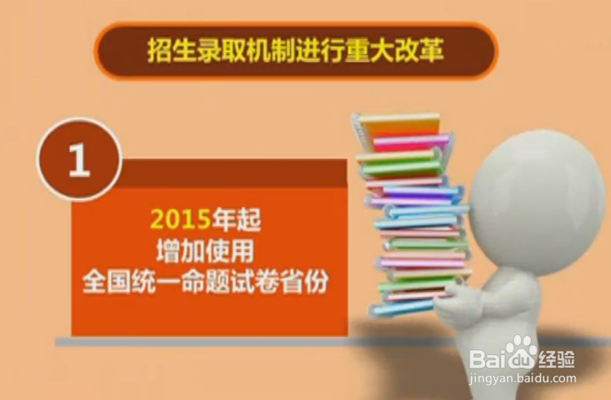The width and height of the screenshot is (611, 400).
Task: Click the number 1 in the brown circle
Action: [80, 159]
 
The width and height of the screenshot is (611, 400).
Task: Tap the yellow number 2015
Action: [181, 219]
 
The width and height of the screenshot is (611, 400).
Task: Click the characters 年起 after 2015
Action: [236, 219]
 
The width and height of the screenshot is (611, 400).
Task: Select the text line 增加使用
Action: [205, 251]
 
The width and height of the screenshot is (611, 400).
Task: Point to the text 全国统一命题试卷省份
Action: [205, 281]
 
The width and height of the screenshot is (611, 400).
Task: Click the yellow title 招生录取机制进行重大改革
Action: [296, 51]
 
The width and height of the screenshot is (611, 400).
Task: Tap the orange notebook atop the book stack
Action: [400, 125]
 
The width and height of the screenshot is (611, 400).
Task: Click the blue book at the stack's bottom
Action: [401, 308]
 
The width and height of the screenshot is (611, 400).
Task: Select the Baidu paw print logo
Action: [521, 353]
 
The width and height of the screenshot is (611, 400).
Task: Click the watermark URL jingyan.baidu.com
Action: [522, 378]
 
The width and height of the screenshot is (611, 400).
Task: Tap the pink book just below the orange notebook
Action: [411, 142]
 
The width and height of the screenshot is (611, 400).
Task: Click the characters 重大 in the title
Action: [370, 51]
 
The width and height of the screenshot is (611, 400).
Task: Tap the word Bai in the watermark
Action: [489, 358]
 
